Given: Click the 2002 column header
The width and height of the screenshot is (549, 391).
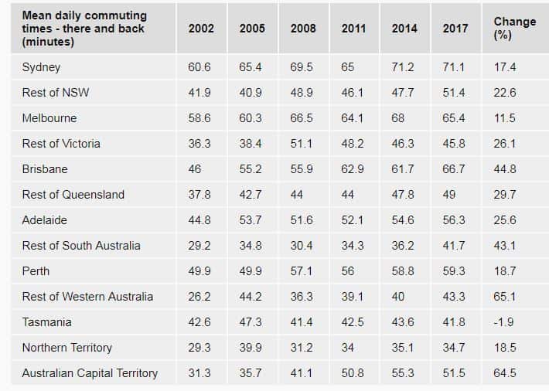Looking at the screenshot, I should point(201,29).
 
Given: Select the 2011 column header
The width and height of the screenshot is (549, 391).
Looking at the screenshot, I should point(353,29).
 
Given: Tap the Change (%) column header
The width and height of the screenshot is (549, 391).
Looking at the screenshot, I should point(515,29).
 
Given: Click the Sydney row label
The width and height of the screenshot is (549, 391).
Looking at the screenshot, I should point(41,67).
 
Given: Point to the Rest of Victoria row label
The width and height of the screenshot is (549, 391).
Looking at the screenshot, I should point(61,144).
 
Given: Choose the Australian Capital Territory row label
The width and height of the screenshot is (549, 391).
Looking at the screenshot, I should point(90,373).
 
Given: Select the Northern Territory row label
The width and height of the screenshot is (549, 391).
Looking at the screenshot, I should point(67,348).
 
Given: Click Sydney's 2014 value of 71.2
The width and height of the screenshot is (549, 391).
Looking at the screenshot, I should point(403,67).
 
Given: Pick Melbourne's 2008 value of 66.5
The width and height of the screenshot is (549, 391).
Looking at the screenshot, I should point(302,118).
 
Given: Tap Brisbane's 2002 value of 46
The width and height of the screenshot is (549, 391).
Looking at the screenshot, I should point(196,169).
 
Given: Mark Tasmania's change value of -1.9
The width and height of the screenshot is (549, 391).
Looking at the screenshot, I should point(504,322).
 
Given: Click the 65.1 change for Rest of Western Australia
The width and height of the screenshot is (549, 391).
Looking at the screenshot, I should point(505,297).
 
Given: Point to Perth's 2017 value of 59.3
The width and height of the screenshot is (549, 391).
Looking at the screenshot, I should point(455,271).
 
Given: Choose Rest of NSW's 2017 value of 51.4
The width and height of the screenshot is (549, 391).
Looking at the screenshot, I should point(455,93).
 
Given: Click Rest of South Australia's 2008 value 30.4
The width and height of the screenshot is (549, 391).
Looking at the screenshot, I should point(302,246).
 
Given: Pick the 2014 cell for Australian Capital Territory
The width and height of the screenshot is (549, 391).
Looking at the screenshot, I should point(403,373).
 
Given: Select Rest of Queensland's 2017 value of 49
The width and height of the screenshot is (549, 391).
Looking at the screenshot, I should point(450,195).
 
